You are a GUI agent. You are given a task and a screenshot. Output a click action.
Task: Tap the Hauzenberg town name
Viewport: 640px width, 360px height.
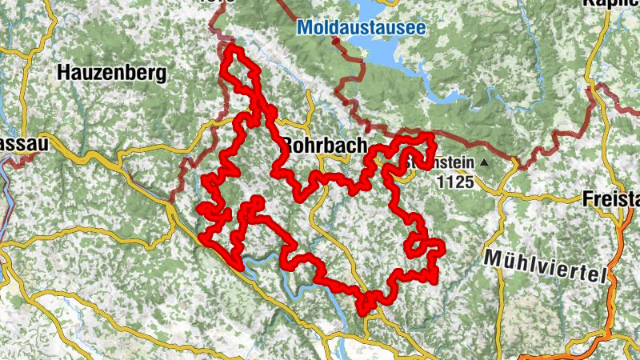pos(112,74)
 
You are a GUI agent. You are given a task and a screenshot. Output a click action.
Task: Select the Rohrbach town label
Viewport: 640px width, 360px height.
pos(324,146)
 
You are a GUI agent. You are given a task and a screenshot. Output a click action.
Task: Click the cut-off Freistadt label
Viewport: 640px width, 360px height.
pos(611,197)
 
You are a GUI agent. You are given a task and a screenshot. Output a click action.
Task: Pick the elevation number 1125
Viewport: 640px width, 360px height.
pos(455,182)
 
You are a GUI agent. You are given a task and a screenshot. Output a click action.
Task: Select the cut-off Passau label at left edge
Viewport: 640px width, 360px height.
pos(24,145)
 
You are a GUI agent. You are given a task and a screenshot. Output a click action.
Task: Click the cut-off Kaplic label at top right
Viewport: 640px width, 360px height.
pos(611,4)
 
